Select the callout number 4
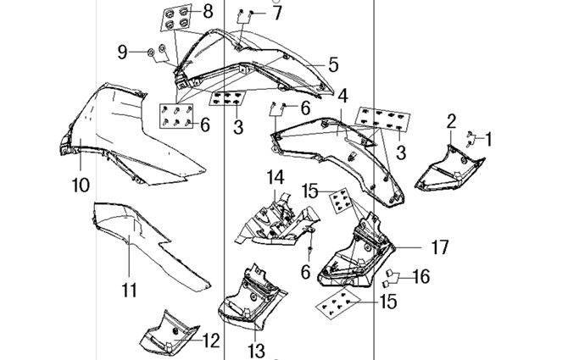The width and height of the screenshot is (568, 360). (x=342, y=96)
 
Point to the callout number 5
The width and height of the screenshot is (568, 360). (x=333, y=64)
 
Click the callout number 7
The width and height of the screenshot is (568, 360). (x=277, y=13)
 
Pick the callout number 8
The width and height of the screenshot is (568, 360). (x=209, y=11)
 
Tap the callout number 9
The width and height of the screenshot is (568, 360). (x=123, y=53)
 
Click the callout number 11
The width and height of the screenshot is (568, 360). (x=129, y=290)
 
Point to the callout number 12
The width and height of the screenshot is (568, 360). (x=210, y=341)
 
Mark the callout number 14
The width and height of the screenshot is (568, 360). (x=276, y=178)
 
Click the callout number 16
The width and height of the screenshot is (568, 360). (x=421, y=276)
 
